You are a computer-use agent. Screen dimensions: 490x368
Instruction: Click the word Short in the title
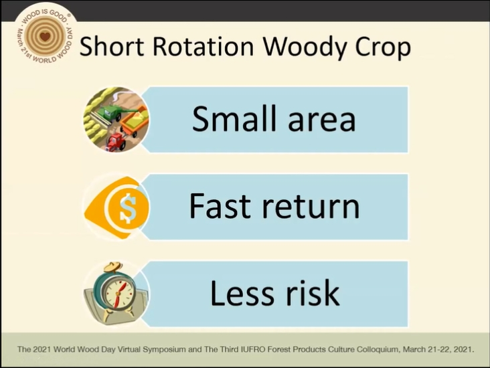click(x=112, y=46)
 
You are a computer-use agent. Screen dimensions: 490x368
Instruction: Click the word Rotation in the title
click(x=203, y=46)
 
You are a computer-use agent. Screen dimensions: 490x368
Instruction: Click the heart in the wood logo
click(x=46, y=37)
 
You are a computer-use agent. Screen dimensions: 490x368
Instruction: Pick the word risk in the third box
click(x=313, y=292)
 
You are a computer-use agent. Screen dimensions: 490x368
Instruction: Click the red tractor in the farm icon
click(x=116, y=141)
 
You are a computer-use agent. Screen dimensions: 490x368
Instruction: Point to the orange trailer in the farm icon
click(x=135, y=121)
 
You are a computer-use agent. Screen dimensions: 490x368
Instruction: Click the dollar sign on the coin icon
click(x=128, y=207)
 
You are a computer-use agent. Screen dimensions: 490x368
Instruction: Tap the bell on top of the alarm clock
click(x=112, y=268)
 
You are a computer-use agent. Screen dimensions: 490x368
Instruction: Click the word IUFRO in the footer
click(x=252, y=349)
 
